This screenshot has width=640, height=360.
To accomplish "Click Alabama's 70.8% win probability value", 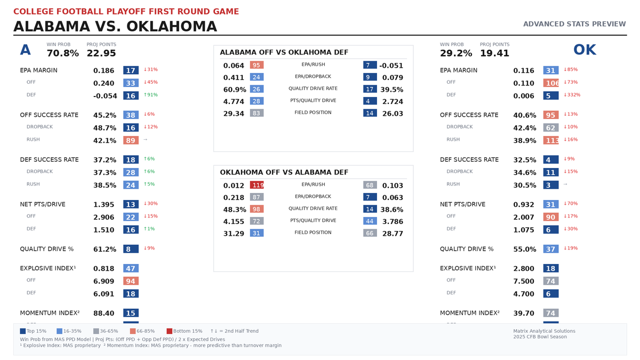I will (x=62, y=53).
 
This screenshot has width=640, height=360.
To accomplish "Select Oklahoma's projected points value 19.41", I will (x=494, y=53).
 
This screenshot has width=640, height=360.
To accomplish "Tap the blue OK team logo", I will (x=585, y=50).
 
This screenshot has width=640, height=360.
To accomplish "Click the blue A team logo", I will (x=25, y=50).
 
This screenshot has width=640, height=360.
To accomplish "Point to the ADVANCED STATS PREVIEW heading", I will (x=574, y=24).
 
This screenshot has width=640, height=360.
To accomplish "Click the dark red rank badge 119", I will (x=257, y=186).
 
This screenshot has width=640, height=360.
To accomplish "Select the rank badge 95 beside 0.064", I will (x=257, y=66).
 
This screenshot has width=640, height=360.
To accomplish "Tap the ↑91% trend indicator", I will (x=151, y=95).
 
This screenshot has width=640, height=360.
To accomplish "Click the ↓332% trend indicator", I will (x=572, y=95).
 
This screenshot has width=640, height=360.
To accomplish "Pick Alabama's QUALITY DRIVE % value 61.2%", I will (x=105, y=249).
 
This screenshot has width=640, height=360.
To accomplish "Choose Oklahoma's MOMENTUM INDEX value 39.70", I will (x=524, y=314).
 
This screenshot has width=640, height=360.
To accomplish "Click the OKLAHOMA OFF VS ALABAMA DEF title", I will (x=284, y=172).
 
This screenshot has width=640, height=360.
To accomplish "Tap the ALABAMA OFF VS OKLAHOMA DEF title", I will (x=284, y=52).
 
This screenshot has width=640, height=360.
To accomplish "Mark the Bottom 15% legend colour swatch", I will (x=169, y=331).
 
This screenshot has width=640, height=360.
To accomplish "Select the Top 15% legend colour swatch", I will (x=22, y=331).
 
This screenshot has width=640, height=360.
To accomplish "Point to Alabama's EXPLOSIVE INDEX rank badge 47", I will (x=131, y=269).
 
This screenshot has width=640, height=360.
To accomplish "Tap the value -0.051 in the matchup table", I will (x=391, y=66).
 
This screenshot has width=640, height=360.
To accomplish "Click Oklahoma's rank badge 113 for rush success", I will (x=551, y=140).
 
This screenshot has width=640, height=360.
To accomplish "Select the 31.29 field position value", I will (x=234, y=233).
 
